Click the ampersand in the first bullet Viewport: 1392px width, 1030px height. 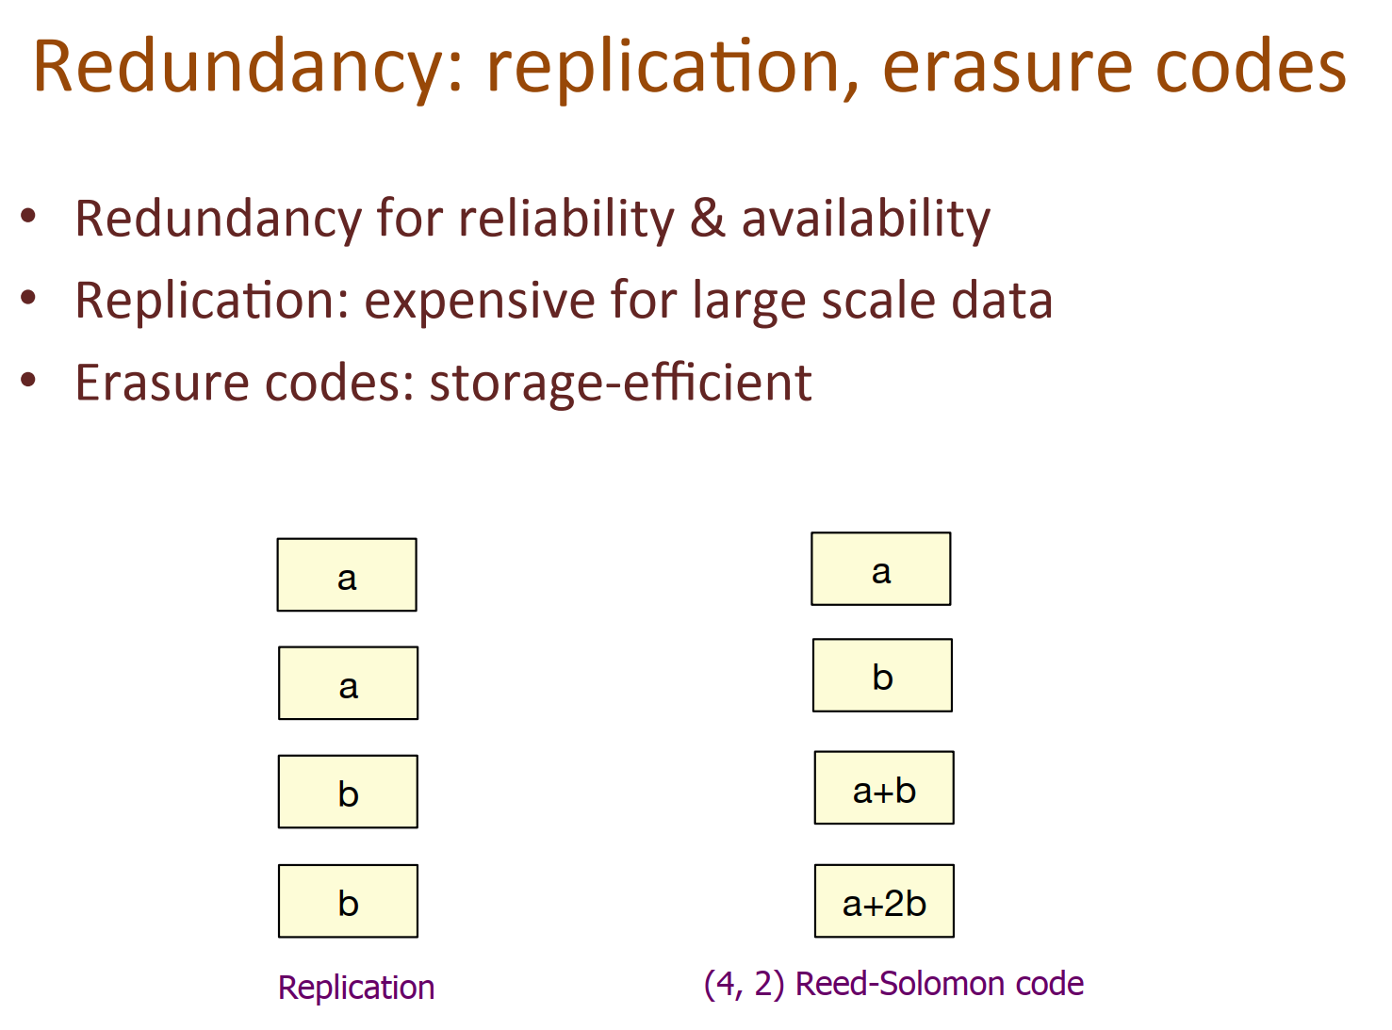(x=708, y=220)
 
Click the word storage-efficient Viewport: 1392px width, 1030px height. (x=620, y=383)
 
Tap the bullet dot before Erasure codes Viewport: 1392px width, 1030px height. (x=29, y=380)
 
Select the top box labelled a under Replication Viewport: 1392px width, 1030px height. (x=347, y=575)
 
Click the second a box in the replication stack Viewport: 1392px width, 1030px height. (x=348, y=683)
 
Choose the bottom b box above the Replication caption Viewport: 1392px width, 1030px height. (x=348, y=901)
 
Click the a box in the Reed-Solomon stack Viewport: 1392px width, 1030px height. (x=880, y=568)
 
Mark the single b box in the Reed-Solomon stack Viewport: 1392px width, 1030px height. (x=882, y=676)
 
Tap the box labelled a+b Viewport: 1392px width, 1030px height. (x=884, y=788)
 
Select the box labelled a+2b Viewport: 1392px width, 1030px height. (x=884, y=901)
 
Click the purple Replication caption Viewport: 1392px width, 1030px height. (x=356, y=988)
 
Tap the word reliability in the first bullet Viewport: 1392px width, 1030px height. (x=566, y=220)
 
